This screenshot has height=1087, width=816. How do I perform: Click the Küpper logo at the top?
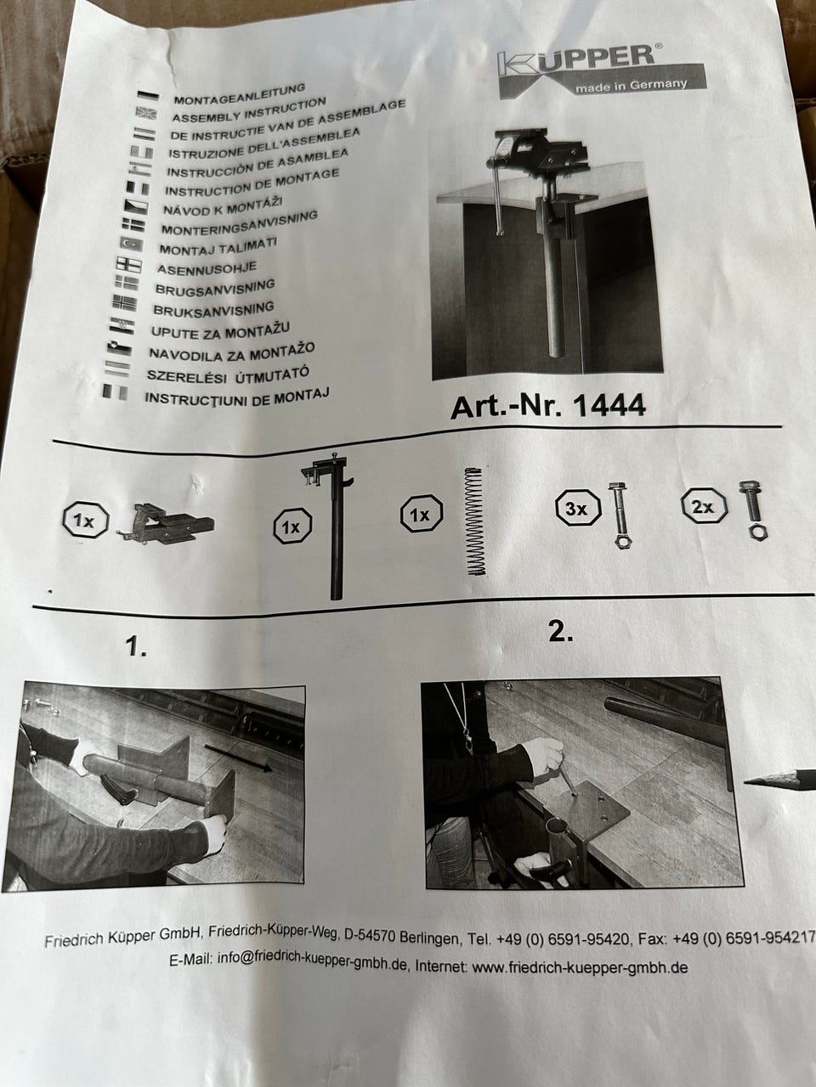point(601,72)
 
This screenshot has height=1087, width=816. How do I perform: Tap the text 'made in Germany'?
point(632,85)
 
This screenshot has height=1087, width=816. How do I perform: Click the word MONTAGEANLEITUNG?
point(240,93)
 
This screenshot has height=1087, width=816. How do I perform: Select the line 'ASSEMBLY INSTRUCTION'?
point(249,110)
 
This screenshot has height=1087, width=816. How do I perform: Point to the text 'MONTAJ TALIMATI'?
point(218,246)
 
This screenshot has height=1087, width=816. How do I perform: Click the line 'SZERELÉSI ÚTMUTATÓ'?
point(228,374)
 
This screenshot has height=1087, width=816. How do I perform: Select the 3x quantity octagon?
point(578,508)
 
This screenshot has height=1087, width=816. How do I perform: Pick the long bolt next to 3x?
point(620,515)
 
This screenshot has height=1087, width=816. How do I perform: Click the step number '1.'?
point(136,647)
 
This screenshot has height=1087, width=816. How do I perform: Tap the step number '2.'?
point(561,632)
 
